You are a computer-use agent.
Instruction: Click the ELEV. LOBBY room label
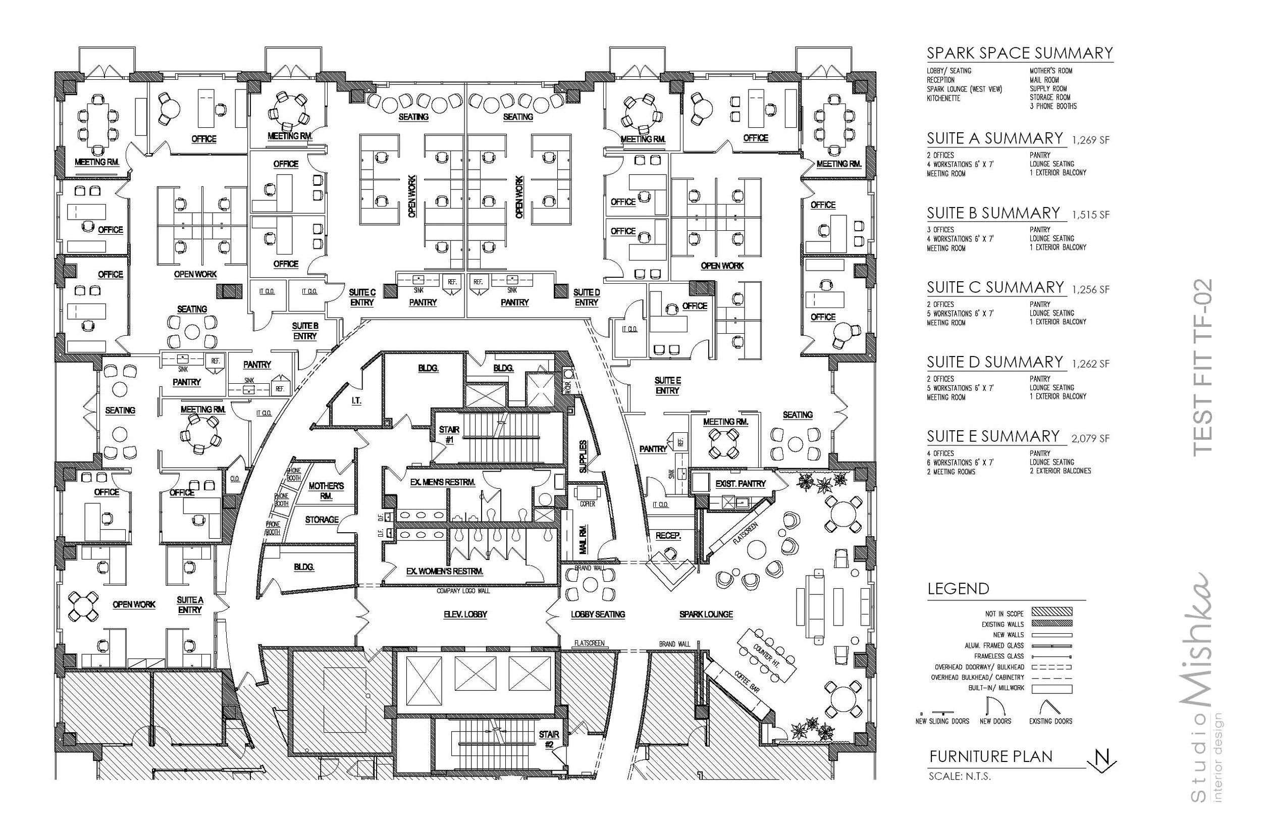pyautogui.click(x=465, y=615)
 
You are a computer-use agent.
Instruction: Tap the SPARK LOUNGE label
pyautogui.click(x=706, y=615)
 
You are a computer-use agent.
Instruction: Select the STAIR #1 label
pyautogui.click(x=449, y=434)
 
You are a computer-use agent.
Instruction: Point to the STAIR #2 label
pyautogui.click(x=549, y=739)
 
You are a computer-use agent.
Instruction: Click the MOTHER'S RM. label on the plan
pyautogui.click(x=326, y=491)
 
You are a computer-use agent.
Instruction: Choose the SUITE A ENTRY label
pyautogui.click(x=190, y=605)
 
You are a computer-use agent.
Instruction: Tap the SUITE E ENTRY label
pyautogui.click(x=667, y=385)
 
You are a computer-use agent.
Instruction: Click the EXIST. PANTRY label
pyautogui.click(x=740, y=483)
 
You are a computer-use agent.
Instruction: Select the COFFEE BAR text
pyautogui.click(x=746, y=682)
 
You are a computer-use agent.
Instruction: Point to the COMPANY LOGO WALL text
pyautogui.click(x=463, y=590)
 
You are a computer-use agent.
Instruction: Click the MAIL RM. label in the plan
pyautogui.click(x=583, y=539)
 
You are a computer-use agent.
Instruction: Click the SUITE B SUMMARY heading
pyautogui.click(x=993, y=213)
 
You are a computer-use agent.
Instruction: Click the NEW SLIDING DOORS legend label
pyautogui.click(x=942, y=721)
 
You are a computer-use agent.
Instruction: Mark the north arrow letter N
pyautogui.click(x=1101, y=756)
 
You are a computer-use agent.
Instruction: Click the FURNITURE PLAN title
pyautogui.click(x=990, y=756)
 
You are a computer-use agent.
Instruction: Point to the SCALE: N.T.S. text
pyautogui.click(x=959, y=776)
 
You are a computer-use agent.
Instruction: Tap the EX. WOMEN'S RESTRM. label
pyautogui.click(x=444, y=572)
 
